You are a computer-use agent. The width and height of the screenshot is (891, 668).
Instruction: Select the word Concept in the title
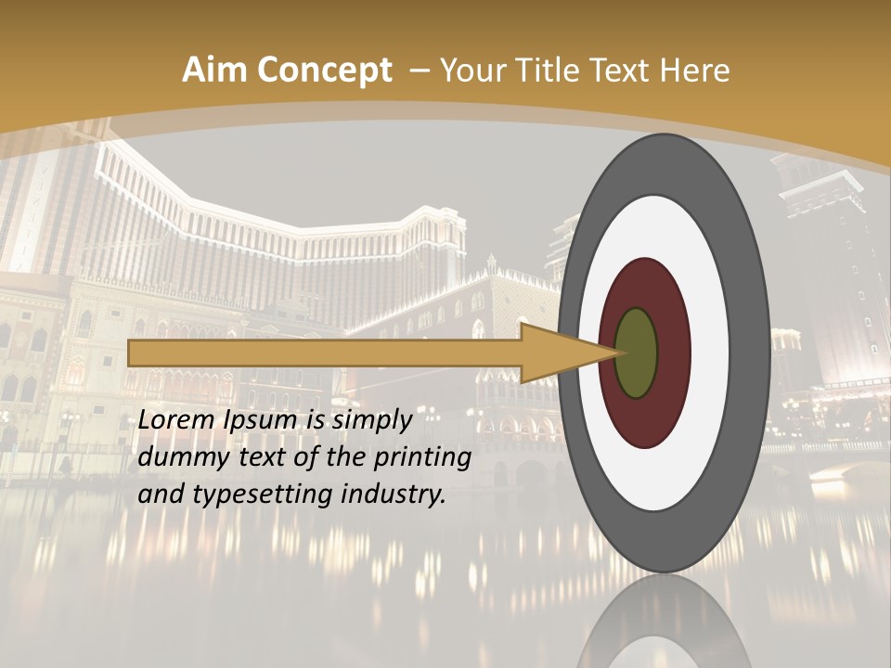click(x=324, y=71)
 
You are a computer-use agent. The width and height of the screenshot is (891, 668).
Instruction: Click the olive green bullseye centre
click(x=637, y=353)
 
